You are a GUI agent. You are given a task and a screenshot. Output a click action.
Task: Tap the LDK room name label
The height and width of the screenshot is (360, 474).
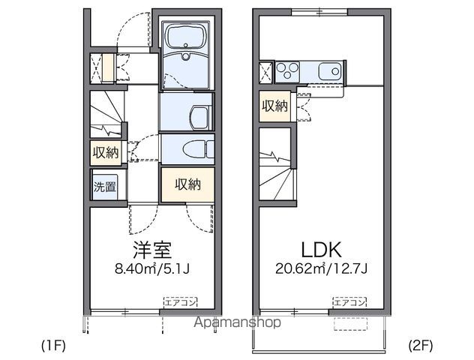[x=322, y=250]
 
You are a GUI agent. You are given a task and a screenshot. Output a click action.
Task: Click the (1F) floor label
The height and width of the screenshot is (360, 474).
[x=54, y=346]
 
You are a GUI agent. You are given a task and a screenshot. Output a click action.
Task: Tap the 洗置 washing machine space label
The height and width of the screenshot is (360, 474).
[x=105, y=187]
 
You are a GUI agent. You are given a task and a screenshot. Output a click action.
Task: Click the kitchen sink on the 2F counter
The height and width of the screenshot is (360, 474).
[x=328, y=72]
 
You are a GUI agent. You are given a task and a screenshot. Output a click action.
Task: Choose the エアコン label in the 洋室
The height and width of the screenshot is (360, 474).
[x=181, y=302]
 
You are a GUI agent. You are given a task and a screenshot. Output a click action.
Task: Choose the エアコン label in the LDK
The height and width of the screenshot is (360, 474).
[x=349, y=302]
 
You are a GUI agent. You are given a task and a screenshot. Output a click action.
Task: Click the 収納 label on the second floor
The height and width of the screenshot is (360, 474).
[x=274, y=106]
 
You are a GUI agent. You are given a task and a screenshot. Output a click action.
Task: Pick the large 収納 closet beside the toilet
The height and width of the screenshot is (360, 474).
[x=187, y=184]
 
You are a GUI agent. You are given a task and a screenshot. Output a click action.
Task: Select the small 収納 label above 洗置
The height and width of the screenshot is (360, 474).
[x=106, y=152]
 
